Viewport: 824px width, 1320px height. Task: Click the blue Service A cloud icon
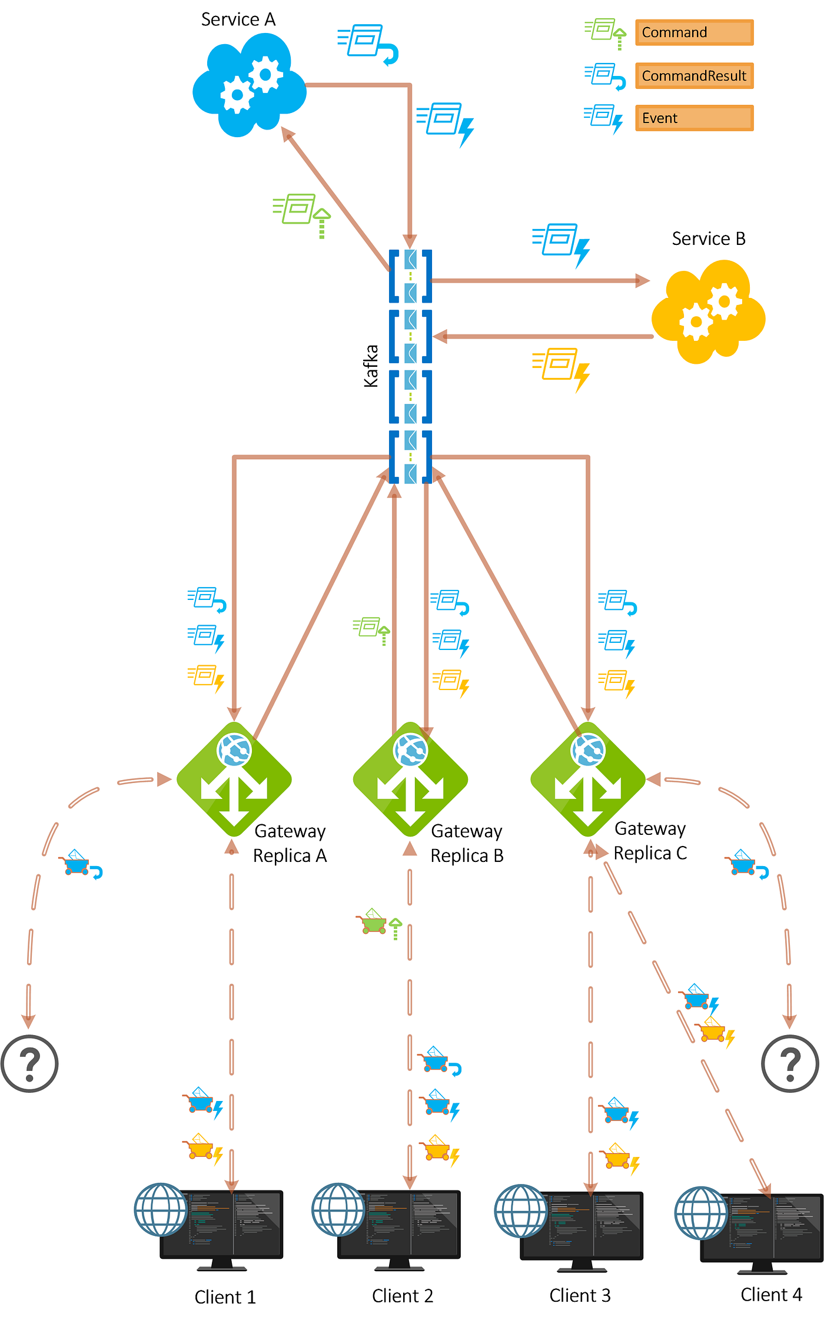(x=249, y=85)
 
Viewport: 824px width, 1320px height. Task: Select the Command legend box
(x=694, y=32)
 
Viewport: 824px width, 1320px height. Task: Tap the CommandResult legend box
(x=694, y=76)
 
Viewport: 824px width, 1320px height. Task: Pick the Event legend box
(x=694, y=118)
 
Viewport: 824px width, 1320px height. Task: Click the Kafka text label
(x=371, y=366)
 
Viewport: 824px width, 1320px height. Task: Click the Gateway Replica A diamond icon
(x=234, y=780)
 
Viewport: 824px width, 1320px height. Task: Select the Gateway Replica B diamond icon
(x=410, y=780)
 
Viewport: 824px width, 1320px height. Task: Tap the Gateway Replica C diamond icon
(x=587, y=780)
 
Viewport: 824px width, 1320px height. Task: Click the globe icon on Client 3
(x=521, y=1211)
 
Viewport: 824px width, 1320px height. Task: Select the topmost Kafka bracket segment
(x=410, y=276)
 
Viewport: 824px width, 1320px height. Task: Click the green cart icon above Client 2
(x=375, y=921)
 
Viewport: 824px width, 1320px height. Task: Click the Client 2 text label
(x=403, y=1296)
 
